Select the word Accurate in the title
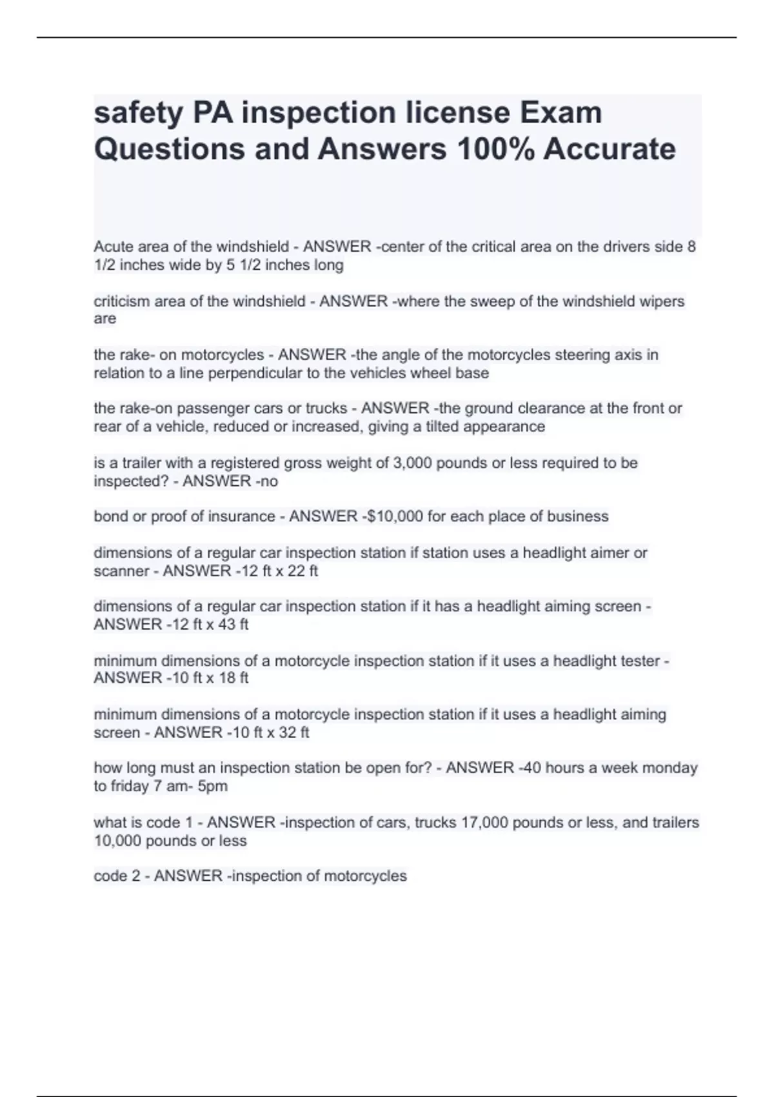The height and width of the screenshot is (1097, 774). point(610,149)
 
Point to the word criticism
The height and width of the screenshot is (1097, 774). point(123,301)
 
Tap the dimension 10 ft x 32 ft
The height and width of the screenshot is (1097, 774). point(271,732)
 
